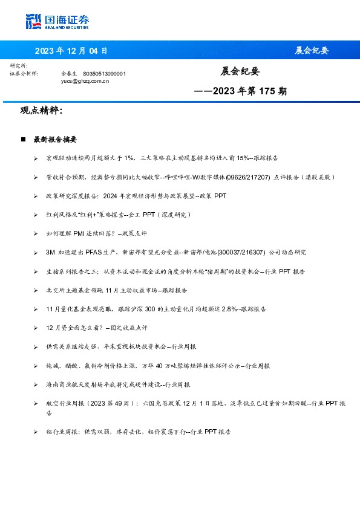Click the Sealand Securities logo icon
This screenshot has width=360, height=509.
pyautogui.click(x=33, y=21)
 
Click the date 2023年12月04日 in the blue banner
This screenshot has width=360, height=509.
pyautogui.click(x=71, y=50)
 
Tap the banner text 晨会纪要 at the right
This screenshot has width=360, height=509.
pyautogui.click(x=312, y=50)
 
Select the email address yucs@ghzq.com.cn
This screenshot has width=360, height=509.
pyautogui.click(x=85, y=80)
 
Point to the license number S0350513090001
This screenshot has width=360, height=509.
pyautogui.click(x=103, y=73)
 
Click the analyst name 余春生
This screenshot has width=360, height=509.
pyautogui.click(x=70, y=73)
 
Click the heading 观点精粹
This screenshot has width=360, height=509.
pyautogui.click(x=41, y=111)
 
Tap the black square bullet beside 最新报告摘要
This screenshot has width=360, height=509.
pyautogui.click(x=23, y=139)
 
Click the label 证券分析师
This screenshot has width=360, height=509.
pyautogui.click(x=24, y=73)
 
